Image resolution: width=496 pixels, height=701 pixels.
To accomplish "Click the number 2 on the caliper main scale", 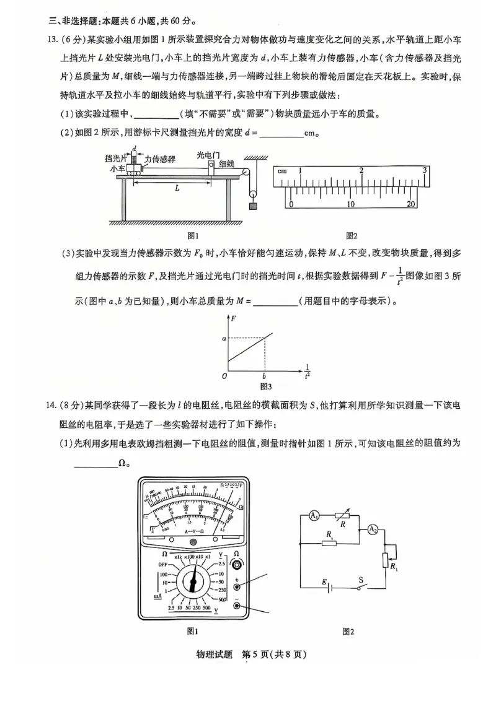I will [x=361, y=170].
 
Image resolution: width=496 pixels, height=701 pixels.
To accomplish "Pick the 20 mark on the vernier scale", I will [x=411, y=204].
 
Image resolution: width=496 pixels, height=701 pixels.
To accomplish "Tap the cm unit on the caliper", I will [x=281, y=171].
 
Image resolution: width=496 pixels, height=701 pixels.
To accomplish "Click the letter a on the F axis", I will [x=224, y=339].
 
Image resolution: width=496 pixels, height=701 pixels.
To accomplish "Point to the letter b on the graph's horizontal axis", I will [x=265, y=377].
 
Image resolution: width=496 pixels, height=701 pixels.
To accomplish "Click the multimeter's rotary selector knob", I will [x=195, y=583].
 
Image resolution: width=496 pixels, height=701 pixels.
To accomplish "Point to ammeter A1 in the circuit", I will [x=314, y=516].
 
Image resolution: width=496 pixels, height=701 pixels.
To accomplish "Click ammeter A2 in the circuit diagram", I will [x=373, y=529].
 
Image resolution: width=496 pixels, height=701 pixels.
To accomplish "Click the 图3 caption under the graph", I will [x=266, y=387].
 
